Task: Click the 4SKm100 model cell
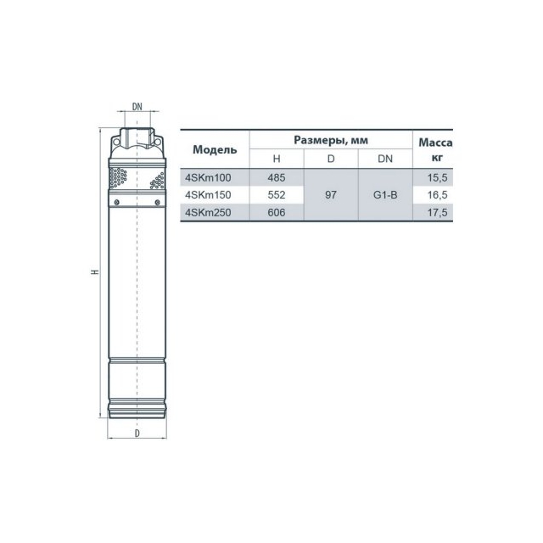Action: [208, 177]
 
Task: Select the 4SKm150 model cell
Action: [208, 195]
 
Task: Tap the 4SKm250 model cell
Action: [208, 212]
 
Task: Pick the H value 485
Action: [277, 177]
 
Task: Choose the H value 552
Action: [277, 195]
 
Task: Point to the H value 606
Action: [277, 212]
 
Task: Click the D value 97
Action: [331, 195]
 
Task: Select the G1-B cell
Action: [385, 195]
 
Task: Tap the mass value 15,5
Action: [438, 177]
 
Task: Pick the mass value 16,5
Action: [438, 195]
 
